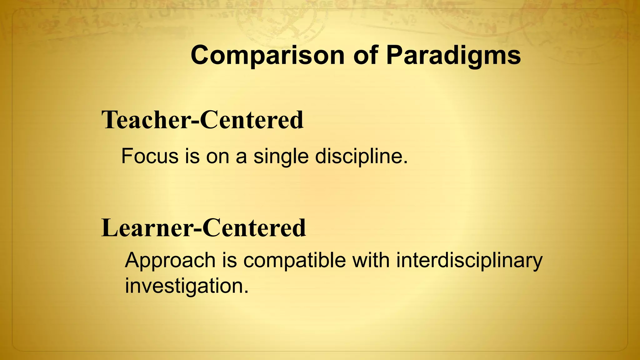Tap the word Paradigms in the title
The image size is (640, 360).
(453, 55)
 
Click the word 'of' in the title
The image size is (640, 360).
(365, 55)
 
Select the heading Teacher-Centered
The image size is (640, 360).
(202, 120)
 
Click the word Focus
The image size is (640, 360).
(149, 156)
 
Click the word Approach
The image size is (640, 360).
(170, 260)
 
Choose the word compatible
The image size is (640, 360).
(294, 260)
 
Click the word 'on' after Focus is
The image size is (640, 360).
(217, 156)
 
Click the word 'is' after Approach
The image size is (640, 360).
(229, 260)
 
